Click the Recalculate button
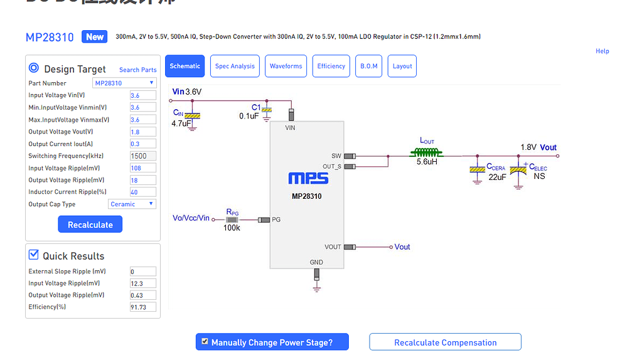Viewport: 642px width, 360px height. [90, 225]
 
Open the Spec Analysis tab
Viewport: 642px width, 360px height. [235, 66]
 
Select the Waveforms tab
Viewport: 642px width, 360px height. [286, 66]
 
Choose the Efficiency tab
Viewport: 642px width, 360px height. [331, 66]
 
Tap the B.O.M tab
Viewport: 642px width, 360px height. [369, 66]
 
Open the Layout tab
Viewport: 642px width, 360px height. [402, 66]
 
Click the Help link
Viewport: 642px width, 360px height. [602, 51]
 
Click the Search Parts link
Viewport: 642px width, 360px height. [137, 70]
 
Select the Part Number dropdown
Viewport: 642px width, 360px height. [124, 83]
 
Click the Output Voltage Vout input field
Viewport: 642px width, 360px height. [142, 132]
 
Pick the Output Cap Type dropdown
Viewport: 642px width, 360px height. [132, 204]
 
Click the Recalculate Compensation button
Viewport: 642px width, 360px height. [445, 342]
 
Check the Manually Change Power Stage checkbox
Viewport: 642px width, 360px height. [205, 342]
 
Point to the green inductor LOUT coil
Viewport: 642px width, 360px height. [427, 152]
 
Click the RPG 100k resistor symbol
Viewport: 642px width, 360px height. [232, 220]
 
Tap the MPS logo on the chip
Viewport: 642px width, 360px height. [308, 179]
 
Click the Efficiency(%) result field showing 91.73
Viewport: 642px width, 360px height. [142, 307]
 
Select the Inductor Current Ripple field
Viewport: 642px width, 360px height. [142, 192]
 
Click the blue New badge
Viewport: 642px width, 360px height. [95, 37]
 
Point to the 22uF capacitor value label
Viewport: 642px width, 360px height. [497, 177]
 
